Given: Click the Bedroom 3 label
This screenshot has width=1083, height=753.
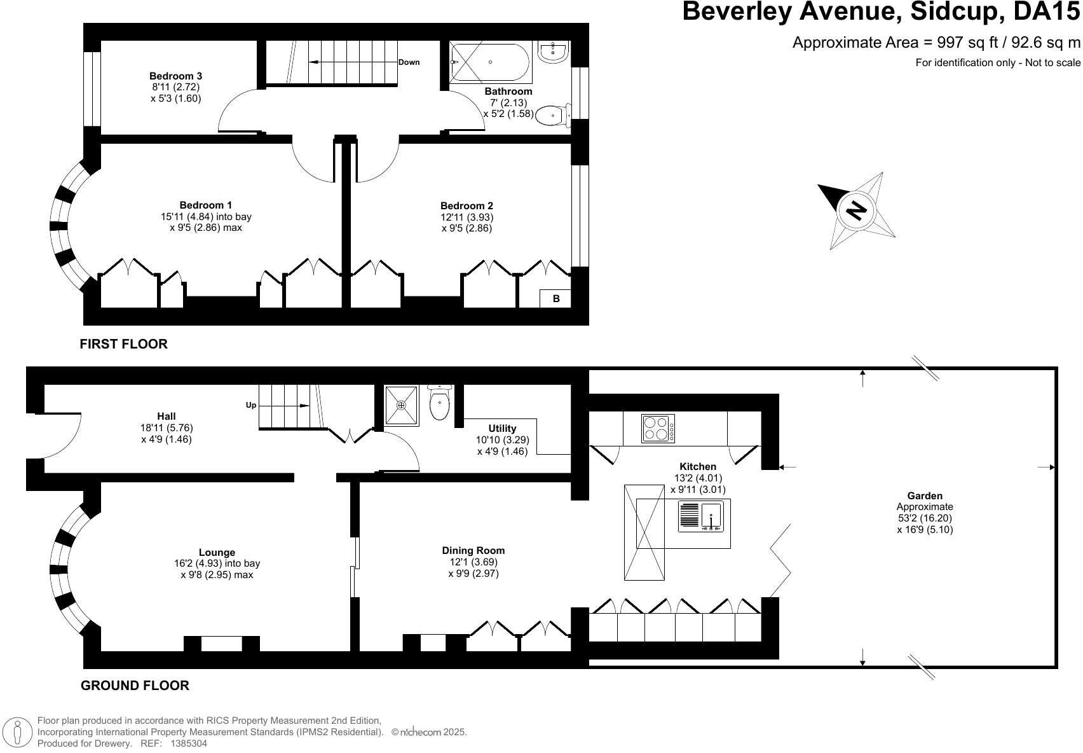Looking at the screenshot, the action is pos(175,76).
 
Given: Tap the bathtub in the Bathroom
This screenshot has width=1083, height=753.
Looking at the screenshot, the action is pos(490,62).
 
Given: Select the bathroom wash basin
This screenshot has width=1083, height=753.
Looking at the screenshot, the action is pos(553,52).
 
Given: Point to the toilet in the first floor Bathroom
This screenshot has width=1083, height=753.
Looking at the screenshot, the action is pos(553,116).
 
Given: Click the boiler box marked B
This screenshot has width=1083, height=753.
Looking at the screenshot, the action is pos(555,298).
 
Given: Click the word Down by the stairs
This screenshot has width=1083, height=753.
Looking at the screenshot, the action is pos(409,62).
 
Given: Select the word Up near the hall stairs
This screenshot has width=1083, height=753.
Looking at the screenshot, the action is pos(251,405).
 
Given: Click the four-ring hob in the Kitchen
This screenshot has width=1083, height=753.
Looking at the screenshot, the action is pos(658,428).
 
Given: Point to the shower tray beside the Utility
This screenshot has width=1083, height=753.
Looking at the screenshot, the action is pos(401,406).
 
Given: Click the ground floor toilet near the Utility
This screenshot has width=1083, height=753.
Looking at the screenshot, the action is pos(439,403).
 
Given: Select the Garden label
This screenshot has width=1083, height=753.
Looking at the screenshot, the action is pos(925,495).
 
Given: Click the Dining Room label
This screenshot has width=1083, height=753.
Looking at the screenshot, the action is pos(473,550).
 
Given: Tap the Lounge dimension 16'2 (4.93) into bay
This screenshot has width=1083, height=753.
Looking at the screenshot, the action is pos(217,563).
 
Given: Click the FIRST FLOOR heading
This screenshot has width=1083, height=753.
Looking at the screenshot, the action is pos(124,344).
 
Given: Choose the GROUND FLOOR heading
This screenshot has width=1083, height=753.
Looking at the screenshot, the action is pos(135,686).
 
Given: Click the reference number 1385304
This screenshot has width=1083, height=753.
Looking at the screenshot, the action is pos(189,743).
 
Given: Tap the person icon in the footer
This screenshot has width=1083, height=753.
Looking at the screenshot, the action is pos(18,732).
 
